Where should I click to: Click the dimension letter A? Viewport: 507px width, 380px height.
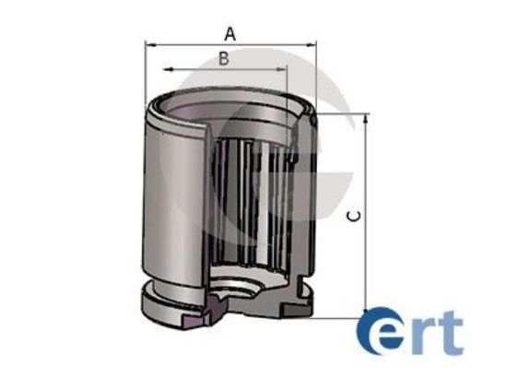(230, 33)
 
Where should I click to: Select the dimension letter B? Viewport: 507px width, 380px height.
(223, 59)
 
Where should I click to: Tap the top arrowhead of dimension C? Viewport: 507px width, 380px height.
(367, 117)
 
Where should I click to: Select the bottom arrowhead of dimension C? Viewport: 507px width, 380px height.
(367, 312)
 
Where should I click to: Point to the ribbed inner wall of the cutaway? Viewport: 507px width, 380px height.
(249, 198)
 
